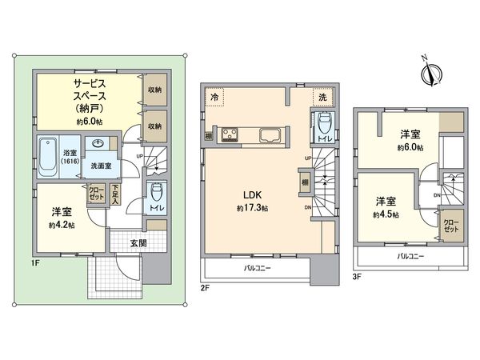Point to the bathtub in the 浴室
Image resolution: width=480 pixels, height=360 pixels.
(48, 156)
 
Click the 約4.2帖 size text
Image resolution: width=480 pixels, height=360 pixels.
(62, 226)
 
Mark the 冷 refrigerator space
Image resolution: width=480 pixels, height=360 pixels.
(214, 96)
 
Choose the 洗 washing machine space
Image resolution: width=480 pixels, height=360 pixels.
(322, 96)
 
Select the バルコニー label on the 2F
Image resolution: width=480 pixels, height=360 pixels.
(256, 268)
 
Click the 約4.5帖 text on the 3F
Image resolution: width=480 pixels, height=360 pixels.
(386, 214)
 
